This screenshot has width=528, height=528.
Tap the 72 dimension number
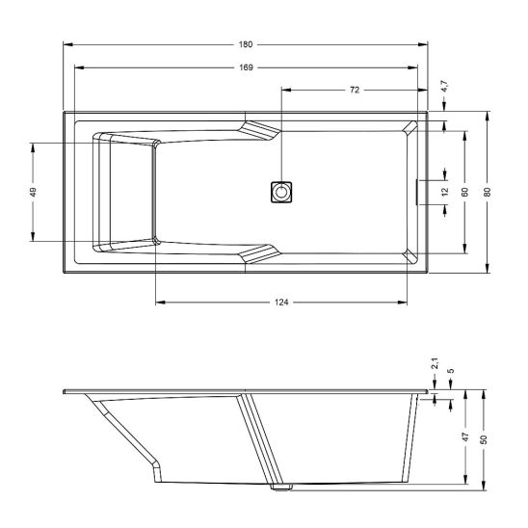point(354,90)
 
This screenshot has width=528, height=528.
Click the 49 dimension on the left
point(34,192)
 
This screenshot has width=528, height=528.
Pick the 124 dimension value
point(281,302)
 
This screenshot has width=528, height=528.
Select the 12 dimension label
point(445,191)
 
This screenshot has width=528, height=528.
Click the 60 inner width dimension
point(465,192)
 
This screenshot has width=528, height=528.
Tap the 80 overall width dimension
point(488,192)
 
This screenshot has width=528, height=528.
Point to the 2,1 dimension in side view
point(435,364)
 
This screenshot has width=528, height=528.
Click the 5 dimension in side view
point(451,370)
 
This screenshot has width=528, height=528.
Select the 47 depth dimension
point(465,437)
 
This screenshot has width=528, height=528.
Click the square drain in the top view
point(281,191)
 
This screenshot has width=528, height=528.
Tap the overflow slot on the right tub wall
point(416,191)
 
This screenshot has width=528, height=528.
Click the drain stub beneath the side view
point(279,488)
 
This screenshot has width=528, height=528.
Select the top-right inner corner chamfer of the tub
point(411,128)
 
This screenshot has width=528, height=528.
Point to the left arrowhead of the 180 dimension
point(66,45)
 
